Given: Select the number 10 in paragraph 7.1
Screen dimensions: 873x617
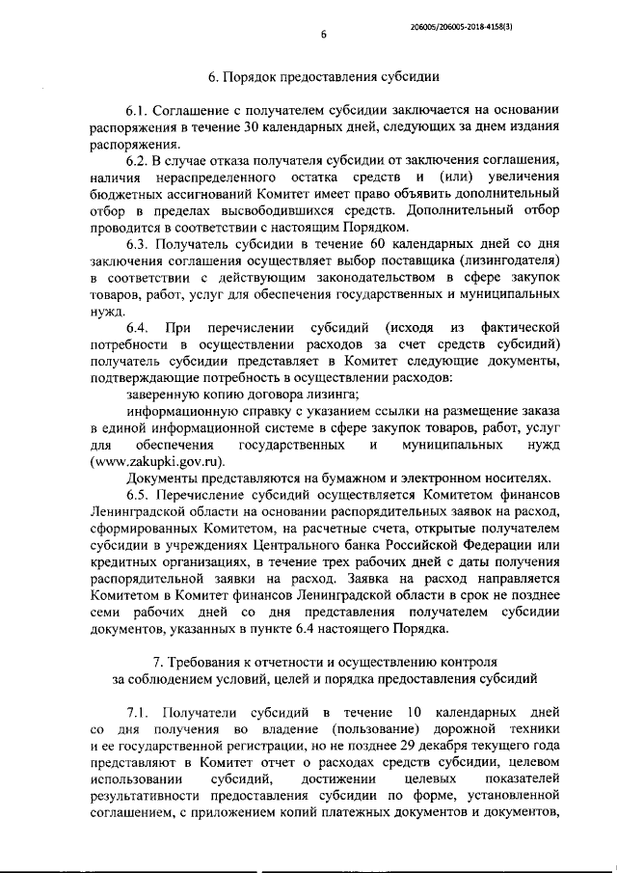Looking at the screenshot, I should coord(416,714).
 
